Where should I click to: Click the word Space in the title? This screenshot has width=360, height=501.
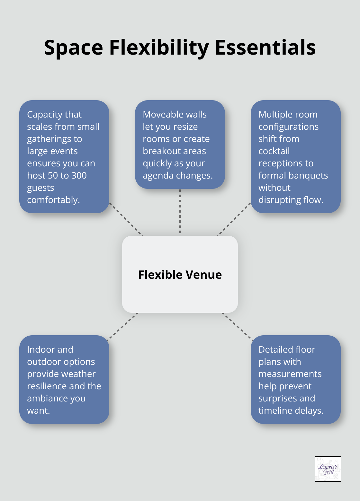(73, 48)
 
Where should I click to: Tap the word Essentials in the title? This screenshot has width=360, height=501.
(265, 48)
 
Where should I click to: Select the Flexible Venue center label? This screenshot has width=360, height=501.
(180, 275)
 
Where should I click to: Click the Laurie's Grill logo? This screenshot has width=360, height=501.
(328, 469)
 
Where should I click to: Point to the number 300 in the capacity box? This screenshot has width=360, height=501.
(79, 175)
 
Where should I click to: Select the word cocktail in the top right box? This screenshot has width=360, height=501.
(274, 151)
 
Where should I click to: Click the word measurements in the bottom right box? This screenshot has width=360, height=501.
(290, 374)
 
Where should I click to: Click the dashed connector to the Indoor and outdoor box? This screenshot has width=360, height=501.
(122, 326)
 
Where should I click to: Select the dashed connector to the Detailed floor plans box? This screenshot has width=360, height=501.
(238, 326)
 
